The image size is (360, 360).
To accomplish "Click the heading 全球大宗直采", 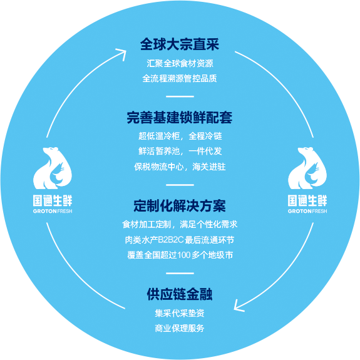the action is (180, 44).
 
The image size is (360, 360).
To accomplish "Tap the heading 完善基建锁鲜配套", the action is (180, 117).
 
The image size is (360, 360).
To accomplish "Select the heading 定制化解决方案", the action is (180, 206).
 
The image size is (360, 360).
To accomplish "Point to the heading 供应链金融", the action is (180, 294).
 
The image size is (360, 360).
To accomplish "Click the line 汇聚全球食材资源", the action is (180, 64).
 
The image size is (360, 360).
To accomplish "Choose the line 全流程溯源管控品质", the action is (180, 78).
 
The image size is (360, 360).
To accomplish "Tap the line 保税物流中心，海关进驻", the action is (180, 167).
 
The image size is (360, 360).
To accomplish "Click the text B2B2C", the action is (171, 240).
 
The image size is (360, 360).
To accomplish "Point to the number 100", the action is (184, 255).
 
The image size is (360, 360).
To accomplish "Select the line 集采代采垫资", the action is (180, 313).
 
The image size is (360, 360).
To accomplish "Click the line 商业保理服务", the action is (180, 328).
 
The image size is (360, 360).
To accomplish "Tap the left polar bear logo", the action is (53, 168).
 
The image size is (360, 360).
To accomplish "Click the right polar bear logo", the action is (307, 168).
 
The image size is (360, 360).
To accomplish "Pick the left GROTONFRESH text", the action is (53, 211).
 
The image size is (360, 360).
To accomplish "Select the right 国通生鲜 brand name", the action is (307, 201).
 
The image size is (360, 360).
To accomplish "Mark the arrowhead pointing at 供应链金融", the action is (237, 307).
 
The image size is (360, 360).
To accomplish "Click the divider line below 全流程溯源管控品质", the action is (180, 96).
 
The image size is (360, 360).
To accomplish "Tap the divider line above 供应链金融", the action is (180, 273).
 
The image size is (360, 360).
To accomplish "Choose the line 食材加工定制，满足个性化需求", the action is (180, 224).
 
